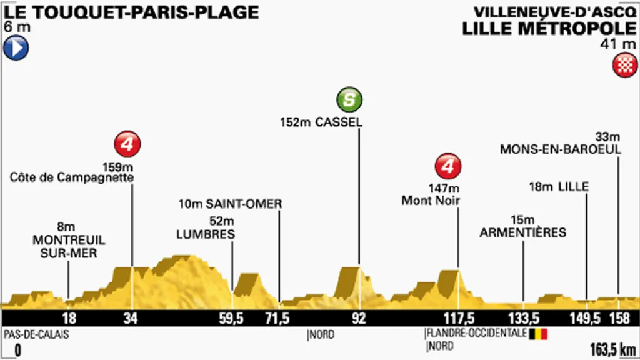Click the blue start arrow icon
point(16,48)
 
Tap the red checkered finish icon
point(624,65)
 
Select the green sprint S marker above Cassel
point(349,99)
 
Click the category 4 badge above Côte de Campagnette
point(127,144)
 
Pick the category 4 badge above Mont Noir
point(447,166)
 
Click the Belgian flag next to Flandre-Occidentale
point(538,334)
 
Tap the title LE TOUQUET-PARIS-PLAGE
point(131,12)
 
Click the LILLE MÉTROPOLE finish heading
point(549,28)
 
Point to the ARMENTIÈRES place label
point(522,232)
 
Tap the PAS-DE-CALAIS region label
point(36,334)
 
